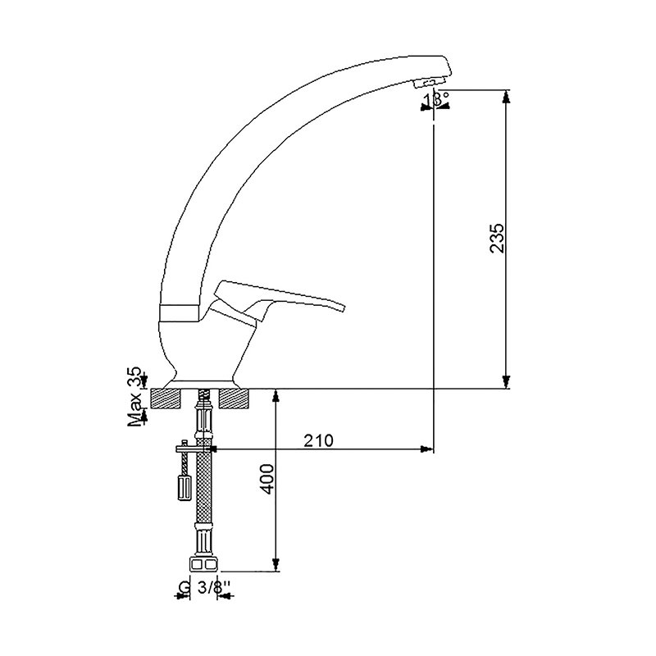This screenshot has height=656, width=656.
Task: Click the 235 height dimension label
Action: [497, 238]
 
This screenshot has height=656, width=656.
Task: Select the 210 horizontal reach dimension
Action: [318, 440]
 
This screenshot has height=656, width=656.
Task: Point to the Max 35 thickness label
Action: [135, 397]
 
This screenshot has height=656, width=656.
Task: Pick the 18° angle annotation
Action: [435, 98]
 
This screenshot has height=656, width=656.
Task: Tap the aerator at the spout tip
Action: [426, 83]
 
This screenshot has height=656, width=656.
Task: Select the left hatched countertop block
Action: [166, 399]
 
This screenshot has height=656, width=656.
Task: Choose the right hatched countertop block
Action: [235, 399]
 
